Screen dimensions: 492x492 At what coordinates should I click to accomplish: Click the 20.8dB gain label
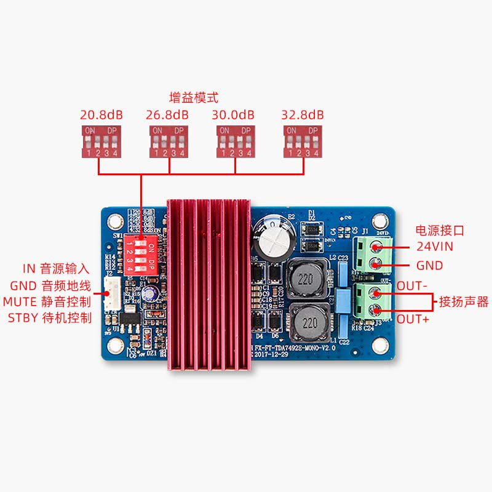pos(101,115)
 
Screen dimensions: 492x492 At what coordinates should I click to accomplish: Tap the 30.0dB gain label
pos(233,115)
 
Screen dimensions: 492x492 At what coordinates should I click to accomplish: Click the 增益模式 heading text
pos(194,98)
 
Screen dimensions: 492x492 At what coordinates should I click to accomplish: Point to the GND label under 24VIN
pos(429,266)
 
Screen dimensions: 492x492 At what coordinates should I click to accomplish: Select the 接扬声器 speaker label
pos(463,302)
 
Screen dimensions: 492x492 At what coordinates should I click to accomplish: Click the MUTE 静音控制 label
pos(47,302)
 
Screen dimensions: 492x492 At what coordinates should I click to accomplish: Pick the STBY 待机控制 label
pos(50,318)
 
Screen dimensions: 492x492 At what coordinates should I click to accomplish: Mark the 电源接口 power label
pos(440,231)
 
